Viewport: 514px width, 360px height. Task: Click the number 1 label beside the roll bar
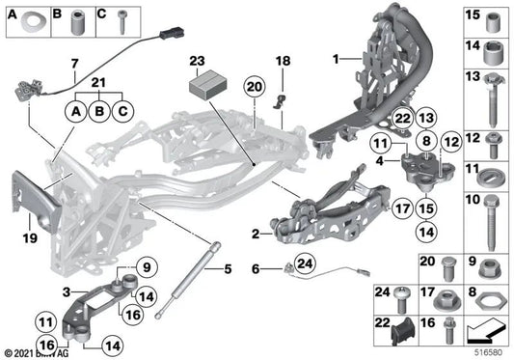pyautogui.click(x=335, y=60)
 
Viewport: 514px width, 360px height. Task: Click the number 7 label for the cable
pyautogui.click(x=74, y=64)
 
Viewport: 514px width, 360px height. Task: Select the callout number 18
pyautogui.click(x=283, y=62)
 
